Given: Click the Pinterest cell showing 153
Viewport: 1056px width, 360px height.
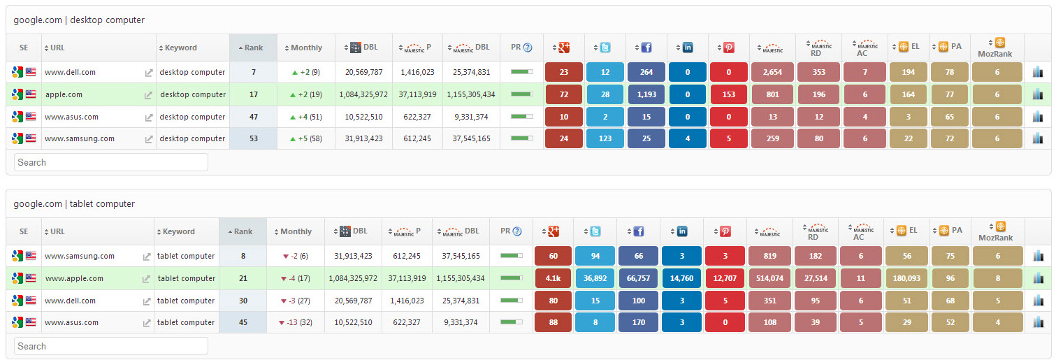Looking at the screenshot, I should [x=728, y=94].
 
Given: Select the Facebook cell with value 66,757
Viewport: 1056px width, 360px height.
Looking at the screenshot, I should [x=638, y=278].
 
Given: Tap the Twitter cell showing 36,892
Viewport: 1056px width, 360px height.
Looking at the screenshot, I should [x=595, y=278].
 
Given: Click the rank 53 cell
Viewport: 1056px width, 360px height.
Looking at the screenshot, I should [x=253, y=138].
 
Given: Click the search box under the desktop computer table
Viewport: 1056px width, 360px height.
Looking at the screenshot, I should [x=111, y=162].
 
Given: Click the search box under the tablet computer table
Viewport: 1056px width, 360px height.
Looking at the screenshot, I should [x=111, y=346].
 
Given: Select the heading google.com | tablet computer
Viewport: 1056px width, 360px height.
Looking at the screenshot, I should [x=74, y=204].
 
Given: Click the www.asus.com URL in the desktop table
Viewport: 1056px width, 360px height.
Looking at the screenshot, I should [x=71, y=117].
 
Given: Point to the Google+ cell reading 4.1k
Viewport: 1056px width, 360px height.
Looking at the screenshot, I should [x=553, y=278].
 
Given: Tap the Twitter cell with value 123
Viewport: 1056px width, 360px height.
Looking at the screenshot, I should [x=605, y=138].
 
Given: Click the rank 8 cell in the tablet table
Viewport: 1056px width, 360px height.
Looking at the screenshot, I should [x=243, y=256].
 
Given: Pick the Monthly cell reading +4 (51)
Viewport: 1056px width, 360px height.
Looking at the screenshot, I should [x=306, y=117].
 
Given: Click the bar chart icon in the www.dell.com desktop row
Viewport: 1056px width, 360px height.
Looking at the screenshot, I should [x=1037, y=72].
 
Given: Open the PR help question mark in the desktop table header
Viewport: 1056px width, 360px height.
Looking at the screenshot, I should [x=528, y=48].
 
